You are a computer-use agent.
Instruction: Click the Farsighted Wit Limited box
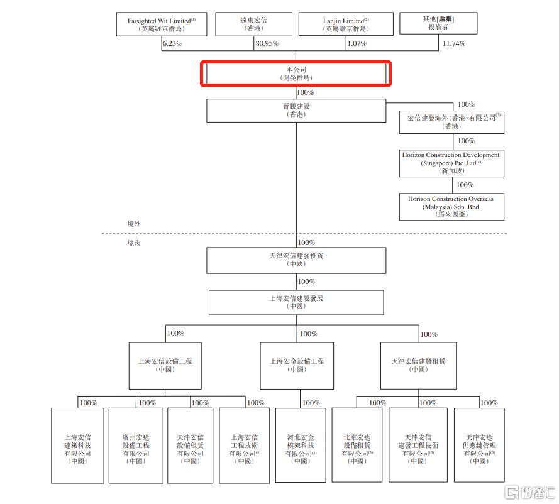click(x=161, y=25)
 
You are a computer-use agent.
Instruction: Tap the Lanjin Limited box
click(x=346, y=25)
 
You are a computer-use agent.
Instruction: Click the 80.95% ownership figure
click(x=267, y=43)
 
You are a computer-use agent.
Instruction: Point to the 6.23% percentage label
click(x=172, y=43)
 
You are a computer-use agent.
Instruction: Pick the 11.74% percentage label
click(x=453, y=43)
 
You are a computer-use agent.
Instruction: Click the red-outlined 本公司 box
click(x=296, y=73)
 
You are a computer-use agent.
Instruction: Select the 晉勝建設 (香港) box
click(x=296, y=111)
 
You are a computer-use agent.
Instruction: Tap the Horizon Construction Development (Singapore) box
click(x=451, y=162)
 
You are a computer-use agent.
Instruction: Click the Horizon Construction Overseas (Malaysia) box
click(x=451, y=207)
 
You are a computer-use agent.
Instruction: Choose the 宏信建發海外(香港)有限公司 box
click(x=451, y=121)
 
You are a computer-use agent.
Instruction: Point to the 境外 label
click(x=134, y=223)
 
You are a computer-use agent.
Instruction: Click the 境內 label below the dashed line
click(x=134, y=243)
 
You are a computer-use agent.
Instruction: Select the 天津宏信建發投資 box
click(x=296, y=260)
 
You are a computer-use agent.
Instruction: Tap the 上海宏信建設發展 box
click(x=296, y=302)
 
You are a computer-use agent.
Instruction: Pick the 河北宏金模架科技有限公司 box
click(x=301, y=445)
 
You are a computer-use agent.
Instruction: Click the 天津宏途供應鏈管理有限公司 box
click(x=479, y=445)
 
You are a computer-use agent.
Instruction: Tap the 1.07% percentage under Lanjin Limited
click(x=355, y=43)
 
